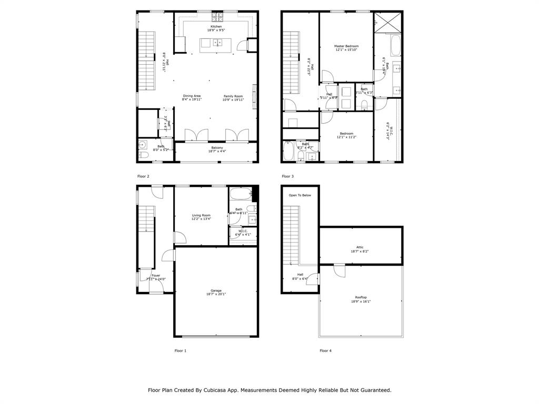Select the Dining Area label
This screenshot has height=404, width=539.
coord(191,97)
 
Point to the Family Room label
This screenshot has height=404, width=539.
coord(233,97)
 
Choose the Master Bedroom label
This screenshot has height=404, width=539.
coord(346,48)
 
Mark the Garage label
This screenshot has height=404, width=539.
coord(216,292)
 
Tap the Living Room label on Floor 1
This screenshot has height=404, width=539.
coord(201,216)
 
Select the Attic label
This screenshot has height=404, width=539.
coord(360,249)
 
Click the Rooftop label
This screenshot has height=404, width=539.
coord(361,299)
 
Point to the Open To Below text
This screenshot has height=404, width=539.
coord(300,195)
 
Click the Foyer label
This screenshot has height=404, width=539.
coord(156,277)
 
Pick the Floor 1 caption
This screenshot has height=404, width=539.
coord(181,350)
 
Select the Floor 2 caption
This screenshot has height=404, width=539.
coord(143,176)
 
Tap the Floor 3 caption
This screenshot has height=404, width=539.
coord(288,176)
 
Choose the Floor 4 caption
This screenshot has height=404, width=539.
coord(326,350)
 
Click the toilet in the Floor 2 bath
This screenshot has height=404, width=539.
coord(142,156)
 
